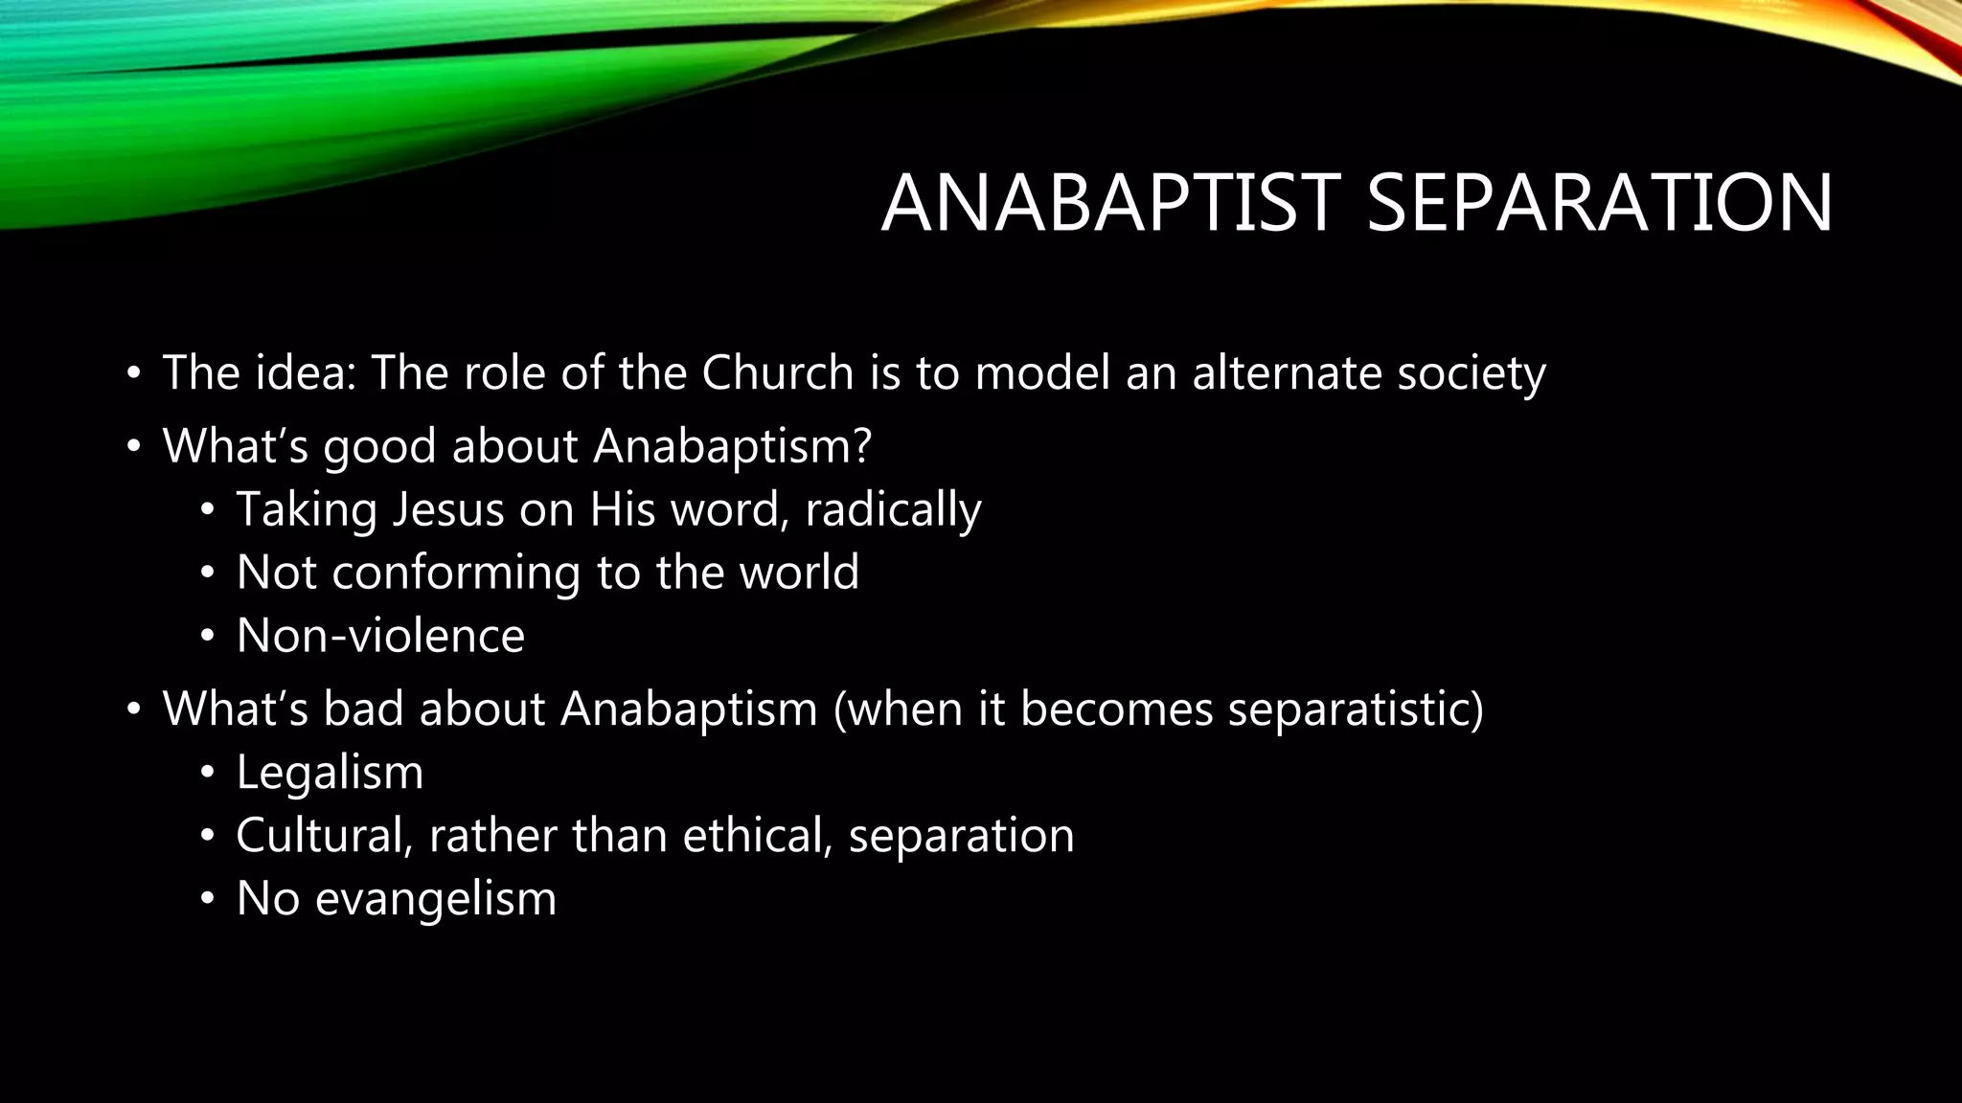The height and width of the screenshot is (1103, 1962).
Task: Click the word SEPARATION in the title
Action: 1599,204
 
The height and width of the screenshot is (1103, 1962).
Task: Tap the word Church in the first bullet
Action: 777,372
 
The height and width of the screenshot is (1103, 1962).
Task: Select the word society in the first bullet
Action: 1471,372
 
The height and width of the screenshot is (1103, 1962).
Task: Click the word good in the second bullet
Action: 379,446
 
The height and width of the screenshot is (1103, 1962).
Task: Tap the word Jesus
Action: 448,509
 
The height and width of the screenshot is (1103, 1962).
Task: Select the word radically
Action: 893,509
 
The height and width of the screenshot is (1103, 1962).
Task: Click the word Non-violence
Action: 380,636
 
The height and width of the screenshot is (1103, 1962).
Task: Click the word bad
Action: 363,709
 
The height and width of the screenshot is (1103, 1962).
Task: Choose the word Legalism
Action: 330,772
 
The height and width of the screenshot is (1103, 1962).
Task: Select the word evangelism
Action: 435,899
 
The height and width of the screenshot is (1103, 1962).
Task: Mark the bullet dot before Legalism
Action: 207,774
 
